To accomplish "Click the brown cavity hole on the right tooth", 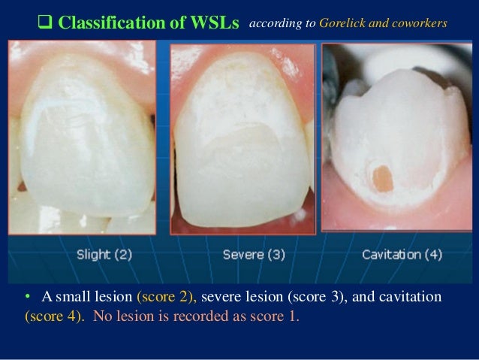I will pyautogui.click(x=382, y=178).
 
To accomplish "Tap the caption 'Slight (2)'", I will pyautogui.click(x=104, y=254).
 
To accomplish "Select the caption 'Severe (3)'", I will pyautogui.click(x=254, y=255).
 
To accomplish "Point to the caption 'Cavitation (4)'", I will pyautogui.click(x=402, y=254).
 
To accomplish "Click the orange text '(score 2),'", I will pyautogui.click(x=167, y=297).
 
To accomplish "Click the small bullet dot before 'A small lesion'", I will pyautogui.click(x=28, y=298).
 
